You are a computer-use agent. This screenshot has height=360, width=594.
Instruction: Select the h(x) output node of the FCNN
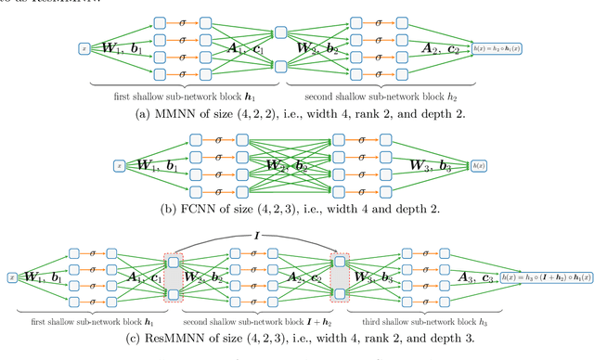[479, 165]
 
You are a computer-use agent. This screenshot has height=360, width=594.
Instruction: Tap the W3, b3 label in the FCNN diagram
[430, 167]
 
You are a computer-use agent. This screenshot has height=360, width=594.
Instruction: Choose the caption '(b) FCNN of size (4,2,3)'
[297, 208]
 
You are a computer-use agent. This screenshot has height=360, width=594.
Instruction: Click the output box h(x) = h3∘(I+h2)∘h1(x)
[544, 276]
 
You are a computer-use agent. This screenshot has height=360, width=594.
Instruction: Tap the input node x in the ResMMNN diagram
[11, 276]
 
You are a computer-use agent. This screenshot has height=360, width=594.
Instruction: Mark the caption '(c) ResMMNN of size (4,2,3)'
[297, 338]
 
